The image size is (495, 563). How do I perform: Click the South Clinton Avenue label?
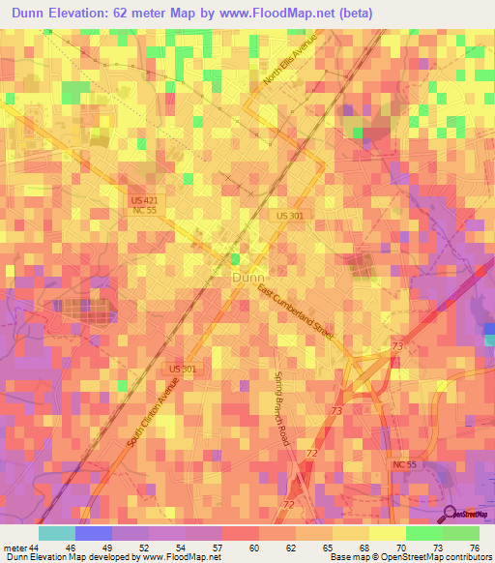pyautogui.click(x=154, y=417)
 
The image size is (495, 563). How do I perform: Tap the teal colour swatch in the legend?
pyautogui.click(x=57, y=534)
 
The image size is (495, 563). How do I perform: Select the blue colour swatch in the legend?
pyautogui.click(x=94, y=534)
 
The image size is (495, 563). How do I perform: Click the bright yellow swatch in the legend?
pyautogui.click(x=387, y=534)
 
